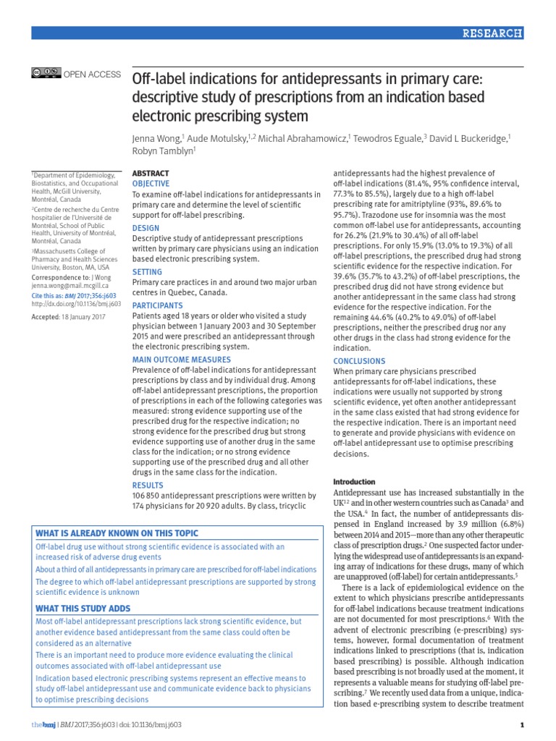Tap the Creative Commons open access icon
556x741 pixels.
(46, 74)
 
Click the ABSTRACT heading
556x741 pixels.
(151, 174)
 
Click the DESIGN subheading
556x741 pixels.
(146, 228)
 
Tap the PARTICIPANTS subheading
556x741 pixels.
(157, 305)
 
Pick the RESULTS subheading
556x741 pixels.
(148, 485)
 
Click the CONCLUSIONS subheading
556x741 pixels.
(359, 361)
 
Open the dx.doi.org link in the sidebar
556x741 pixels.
(75, 305)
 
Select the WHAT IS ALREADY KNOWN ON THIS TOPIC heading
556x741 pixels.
(117, 533)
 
